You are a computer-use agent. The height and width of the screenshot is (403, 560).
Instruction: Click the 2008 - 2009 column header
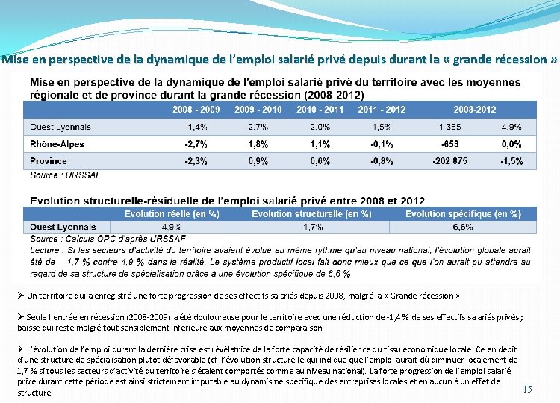click(x=196, y=110)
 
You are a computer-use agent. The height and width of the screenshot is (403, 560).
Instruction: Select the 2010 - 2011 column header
click(x=320, y=110)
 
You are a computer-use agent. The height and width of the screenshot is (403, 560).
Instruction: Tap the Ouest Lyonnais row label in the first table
click(x=60, y=127)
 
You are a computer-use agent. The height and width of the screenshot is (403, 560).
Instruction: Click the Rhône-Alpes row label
click(x=57, y=144)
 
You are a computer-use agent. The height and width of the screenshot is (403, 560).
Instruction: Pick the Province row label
click(x=49, y=161)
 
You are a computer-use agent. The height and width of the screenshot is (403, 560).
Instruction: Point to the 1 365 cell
click(x=449, y=127)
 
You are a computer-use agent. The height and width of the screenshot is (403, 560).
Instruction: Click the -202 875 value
click(x=449, y=161)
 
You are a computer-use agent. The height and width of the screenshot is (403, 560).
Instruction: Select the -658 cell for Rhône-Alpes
click(x=449, y=144)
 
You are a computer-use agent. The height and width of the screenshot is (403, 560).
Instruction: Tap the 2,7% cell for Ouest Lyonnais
click(x=258, y=127)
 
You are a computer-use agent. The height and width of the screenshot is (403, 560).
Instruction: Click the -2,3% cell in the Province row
click(x=196, y=161)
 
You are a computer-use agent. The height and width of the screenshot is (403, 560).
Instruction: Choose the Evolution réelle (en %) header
click(x=172, y=214)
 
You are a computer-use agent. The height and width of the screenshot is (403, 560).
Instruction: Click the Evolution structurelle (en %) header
click(x=311, y=214)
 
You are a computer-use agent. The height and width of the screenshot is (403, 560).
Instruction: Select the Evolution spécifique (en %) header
click(x=463, y=214)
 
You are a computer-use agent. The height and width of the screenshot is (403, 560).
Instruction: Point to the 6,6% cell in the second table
click(x=463, y=227)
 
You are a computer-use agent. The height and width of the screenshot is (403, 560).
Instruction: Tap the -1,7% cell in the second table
click(x=311, y=227)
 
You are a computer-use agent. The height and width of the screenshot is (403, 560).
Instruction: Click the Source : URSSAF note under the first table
click(x=66, y=175)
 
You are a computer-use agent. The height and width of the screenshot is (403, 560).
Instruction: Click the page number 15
click(x=527, y=389)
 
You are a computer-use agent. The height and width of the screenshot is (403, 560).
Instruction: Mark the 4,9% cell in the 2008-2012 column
click(x=511, y=127)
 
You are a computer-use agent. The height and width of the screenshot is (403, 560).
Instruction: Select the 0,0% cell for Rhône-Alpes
click(x=511, y=144)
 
